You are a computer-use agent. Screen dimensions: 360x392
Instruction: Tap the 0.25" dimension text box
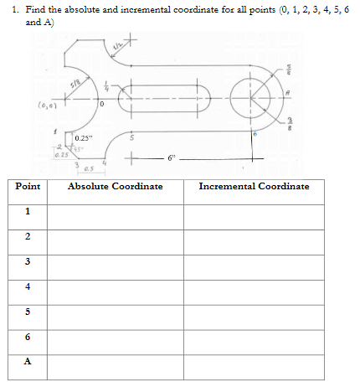point(85,137)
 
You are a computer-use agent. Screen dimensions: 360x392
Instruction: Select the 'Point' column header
point(28,186)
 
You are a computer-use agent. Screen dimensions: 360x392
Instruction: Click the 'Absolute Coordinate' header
point(116,186)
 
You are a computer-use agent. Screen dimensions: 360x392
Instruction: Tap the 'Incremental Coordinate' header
point(254,186)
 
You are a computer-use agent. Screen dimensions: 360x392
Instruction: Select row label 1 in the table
point(28,212)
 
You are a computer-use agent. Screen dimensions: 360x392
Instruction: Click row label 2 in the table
point(28,237)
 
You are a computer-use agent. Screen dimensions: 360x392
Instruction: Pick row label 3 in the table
point(28,262)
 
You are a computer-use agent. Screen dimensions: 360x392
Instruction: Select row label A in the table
point(28,364)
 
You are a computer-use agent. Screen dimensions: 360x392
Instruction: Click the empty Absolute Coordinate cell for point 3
point(116,262)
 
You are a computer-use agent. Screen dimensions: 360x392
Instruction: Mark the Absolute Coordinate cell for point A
point(116,364)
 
